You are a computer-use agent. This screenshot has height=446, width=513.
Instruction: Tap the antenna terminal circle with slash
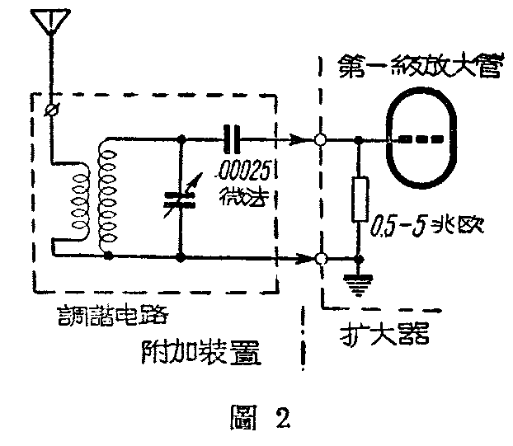[50, 109]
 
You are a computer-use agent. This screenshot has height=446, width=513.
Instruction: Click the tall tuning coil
[106, 194]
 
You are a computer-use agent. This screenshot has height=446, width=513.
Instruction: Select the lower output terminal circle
[321, 259]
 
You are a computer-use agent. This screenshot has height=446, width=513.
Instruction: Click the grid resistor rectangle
[358, 199]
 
